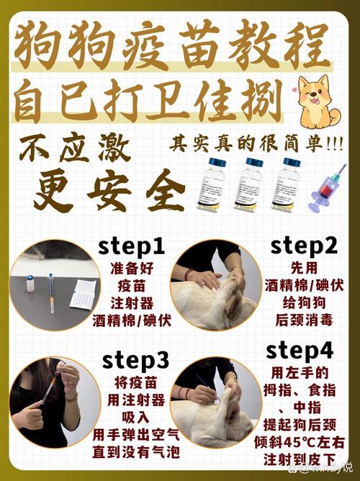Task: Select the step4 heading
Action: [300, 351]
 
